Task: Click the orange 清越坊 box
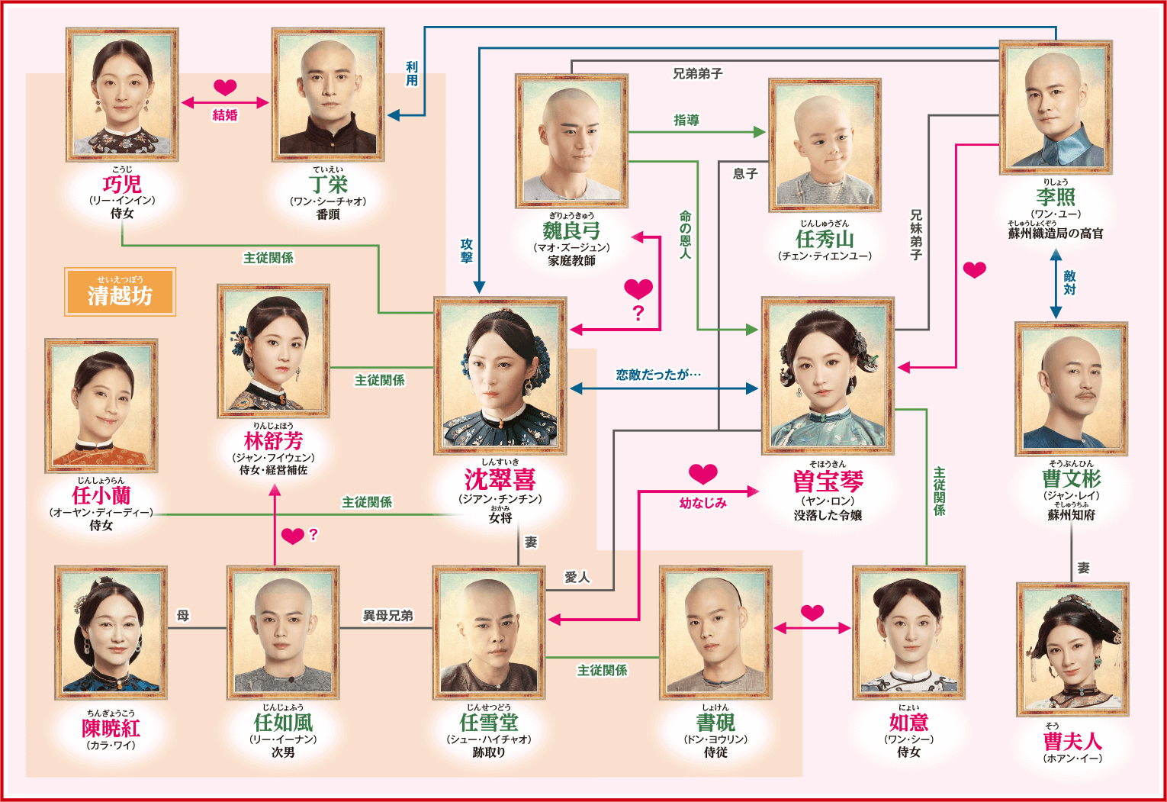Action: (x=120, y=291)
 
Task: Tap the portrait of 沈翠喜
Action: (x=500, y=375)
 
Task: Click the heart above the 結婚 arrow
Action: (x=225, y=87)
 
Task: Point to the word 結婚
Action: (x=225, y=115)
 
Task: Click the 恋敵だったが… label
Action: (x=658, y=374)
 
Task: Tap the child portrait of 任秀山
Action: (x=825, y=146)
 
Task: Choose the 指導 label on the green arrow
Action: (x=686, y=121)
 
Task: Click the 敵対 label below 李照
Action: (x=1069, y=282)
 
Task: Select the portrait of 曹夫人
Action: (x=1072, y=649)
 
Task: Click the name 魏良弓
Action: (x=571, y=230)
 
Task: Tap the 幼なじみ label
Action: (x=702, y=503)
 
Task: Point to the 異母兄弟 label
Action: (x=387, y=616)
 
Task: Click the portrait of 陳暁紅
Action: (x=111, y=633)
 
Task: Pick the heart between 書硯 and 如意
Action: (x=812, y=613)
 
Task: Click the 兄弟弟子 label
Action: (x=698, y=74)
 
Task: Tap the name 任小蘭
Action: (x=101, y=495)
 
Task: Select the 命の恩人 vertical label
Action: (x=685, y=234)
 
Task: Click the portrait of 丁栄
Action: (x=328, y=95)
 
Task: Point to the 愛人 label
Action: (x=577, y=578)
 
